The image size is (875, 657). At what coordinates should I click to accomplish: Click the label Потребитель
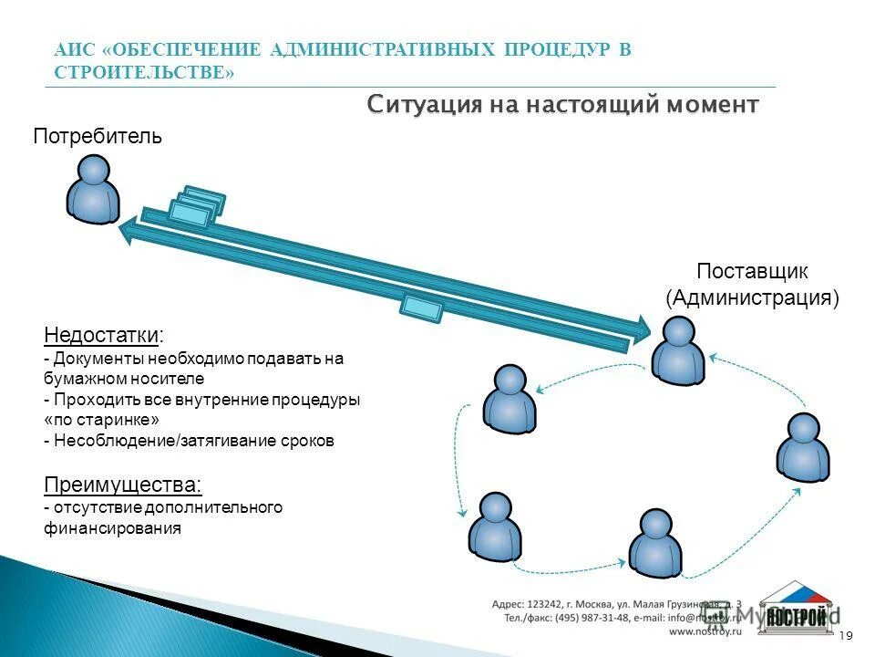point(98,137)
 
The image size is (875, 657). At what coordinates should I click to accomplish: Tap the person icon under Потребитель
point(93,189)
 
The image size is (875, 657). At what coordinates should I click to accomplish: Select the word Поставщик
point(752,272)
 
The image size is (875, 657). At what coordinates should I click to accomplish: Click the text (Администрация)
point(752,297)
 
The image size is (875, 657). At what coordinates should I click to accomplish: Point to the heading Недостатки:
point(105,334)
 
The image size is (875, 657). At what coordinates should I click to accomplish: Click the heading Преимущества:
point(123,484)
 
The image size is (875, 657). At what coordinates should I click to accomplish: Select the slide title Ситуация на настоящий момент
point(562,105)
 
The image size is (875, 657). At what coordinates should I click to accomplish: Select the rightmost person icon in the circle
point(804,447)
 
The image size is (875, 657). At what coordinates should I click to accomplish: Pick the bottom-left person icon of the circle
point(495,527)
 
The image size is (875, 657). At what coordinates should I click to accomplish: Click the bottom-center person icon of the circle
point(655,543)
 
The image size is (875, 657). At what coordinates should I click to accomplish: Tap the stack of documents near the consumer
point(197,207)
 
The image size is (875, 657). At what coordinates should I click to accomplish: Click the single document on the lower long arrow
point(422,308)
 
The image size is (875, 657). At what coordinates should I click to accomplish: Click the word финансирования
point(112,528)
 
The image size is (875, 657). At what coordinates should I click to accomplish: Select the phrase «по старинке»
point(101,421)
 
